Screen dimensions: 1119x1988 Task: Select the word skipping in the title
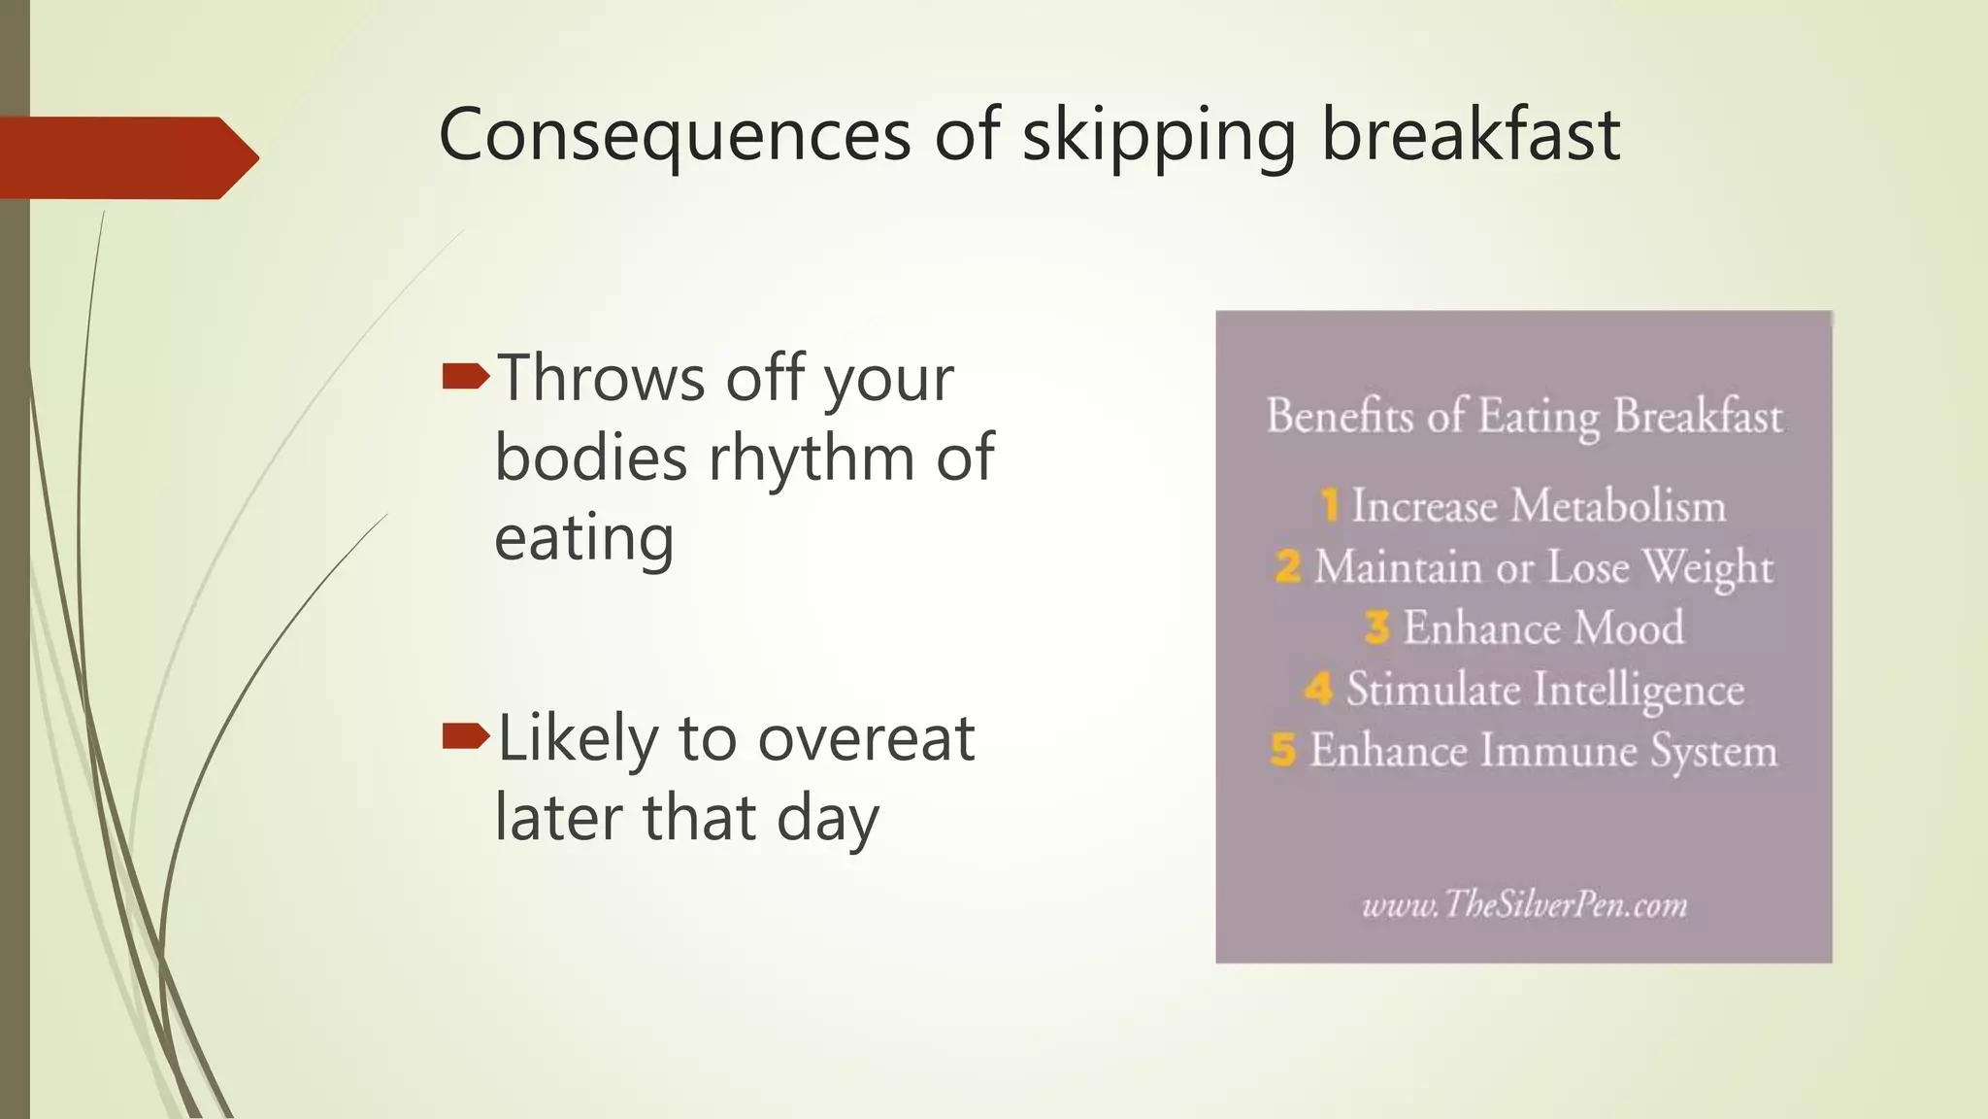click(1159, 136)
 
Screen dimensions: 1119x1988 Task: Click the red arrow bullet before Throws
click(465, 377)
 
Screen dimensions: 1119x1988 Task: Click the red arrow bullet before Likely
click(465, 737)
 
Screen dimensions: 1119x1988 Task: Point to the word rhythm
click(811, 458)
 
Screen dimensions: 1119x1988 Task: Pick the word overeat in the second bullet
click(865, 738)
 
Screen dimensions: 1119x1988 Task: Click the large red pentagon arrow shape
click(126, 157)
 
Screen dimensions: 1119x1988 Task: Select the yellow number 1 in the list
click(1330, 506)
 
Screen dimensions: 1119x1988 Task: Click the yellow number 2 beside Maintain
click(1288, 566)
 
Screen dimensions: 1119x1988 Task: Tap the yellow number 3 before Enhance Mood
click(1376, 627)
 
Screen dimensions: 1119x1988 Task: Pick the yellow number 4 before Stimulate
click(1318, 689)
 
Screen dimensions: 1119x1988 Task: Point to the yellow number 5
click(1283, 750)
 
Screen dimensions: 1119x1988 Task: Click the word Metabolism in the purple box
click(1618, 506)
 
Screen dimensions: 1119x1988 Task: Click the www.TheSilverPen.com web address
click(1524, 904)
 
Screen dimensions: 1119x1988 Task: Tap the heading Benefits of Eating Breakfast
click(1524, 416)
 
